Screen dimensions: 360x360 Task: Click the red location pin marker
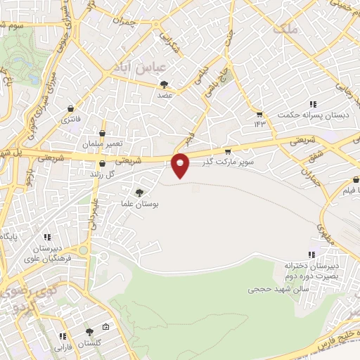coord(181,165)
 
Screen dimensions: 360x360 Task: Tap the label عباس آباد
coord(139,67)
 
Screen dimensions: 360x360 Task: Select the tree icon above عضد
coord(164,84)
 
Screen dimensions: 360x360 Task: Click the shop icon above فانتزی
coord(70,109)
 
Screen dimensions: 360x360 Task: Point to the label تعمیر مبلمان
coord(102,143)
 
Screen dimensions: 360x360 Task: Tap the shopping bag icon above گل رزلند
coord(102,164)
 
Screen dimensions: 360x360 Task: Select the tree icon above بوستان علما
coord(139,193)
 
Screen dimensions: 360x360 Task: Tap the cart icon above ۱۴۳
coord(259,115)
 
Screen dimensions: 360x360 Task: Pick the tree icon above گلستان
coord(89,332)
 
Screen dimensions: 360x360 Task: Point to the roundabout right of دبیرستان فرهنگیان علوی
coord(84,250)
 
